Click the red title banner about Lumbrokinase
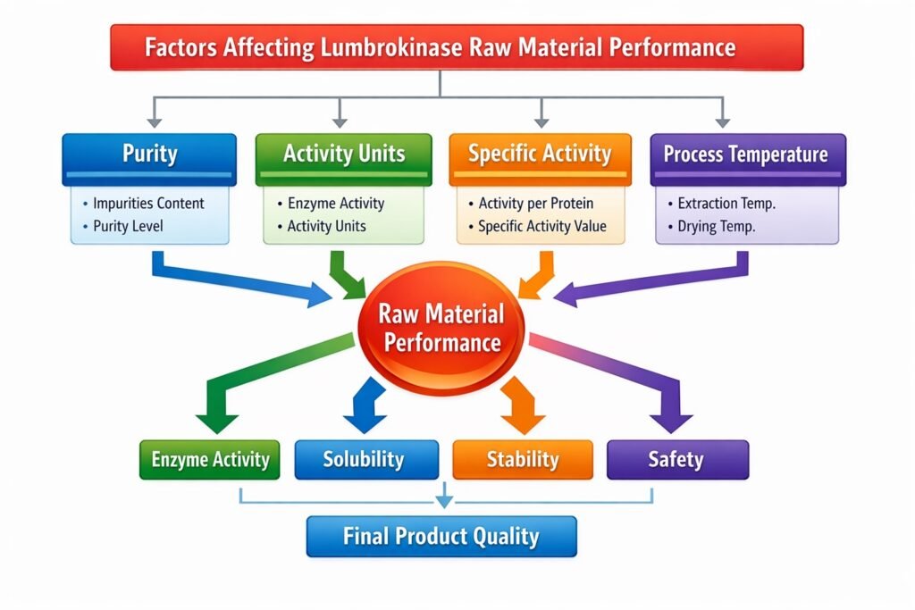(456, 47)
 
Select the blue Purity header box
(149, 155)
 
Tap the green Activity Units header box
(344, 155)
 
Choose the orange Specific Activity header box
(540, 155)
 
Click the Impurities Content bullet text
(148, 203)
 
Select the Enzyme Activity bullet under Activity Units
(335, 203)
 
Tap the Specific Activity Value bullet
(541, 226)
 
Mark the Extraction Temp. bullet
(726, 203)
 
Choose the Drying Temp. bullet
(716, 226)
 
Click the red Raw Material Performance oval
(441, 328)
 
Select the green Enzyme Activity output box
(210, 460)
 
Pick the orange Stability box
(523, 460)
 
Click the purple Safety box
(676, 460)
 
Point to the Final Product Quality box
(441, 537)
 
